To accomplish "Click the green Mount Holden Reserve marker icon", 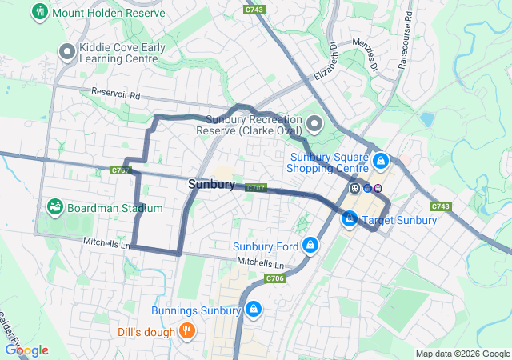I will point(38,12).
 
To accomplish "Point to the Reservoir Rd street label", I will point(116,94).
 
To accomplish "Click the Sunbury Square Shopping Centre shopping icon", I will point(381,162).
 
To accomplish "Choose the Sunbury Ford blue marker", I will point(310,246).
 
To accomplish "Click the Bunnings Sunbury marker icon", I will point(254,310).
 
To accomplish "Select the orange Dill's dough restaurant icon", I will point(186,330).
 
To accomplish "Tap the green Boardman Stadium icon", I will point(55,208).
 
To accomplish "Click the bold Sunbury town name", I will point(211,185).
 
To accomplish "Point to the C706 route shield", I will point(274,278).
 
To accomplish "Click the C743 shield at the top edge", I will point(255,8).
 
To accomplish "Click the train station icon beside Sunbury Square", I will point(354,188).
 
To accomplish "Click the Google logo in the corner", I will point(26,350).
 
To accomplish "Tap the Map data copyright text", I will point(462,354).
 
